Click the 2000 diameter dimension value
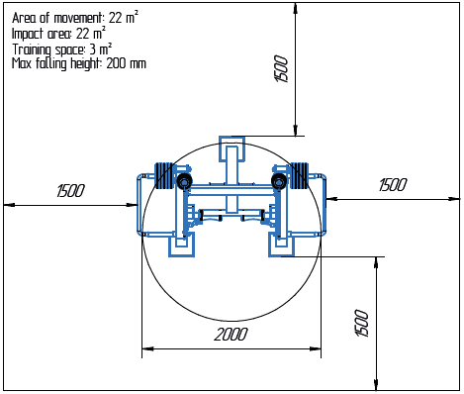pyautogui.click(x=230, y=335)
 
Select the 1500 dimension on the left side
pyautogui.click(x=70, y=190)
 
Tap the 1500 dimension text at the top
pyautogui.click(x=281, y=70)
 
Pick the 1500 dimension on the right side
pyautogui.click(x=393, y=184)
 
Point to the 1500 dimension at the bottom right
pyautogui.click(x=362, y=321)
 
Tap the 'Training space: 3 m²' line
pyautogui.click(x=61, y=48)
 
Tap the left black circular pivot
pyautogui.click(x=184, y=182)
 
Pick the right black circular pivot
pyautogui.click(x=281, y=182)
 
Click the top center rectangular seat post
pyautogui.click(x=232, y=156)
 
